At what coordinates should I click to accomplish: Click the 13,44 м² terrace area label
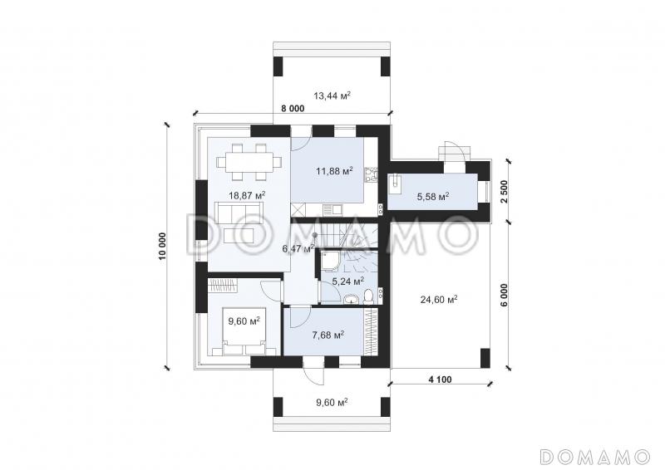(x=332, y=95)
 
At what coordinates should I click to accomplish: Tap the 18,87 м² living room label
(x=247, y=195)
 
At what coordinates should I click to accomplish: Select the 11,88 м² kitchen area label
(x=335, y=171)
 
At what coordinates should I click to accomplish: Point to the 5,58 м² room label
(x=433, y=197)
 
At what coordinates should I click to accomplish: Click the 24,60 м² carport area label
(x=439, y=300)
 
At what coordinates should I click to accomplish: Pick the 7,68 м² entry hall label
(x=328, y=335)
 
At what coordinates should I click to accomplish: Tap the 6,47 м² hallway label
(x=298, y=248)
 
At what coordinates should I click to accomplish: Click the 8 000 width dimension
(x=293, y=109)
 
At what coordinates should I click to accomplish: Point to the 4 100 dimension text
(x=440, y=379)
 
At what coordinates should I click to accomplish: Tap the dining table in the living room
(x=249, y=161)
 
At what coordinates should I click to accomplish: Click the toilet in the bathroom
(x=369, y=296)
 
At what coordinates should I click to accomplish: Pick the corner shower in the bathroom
(x=329, y=261)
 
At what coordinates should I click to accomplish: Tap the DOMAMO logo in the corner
(x=595, y=457)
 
